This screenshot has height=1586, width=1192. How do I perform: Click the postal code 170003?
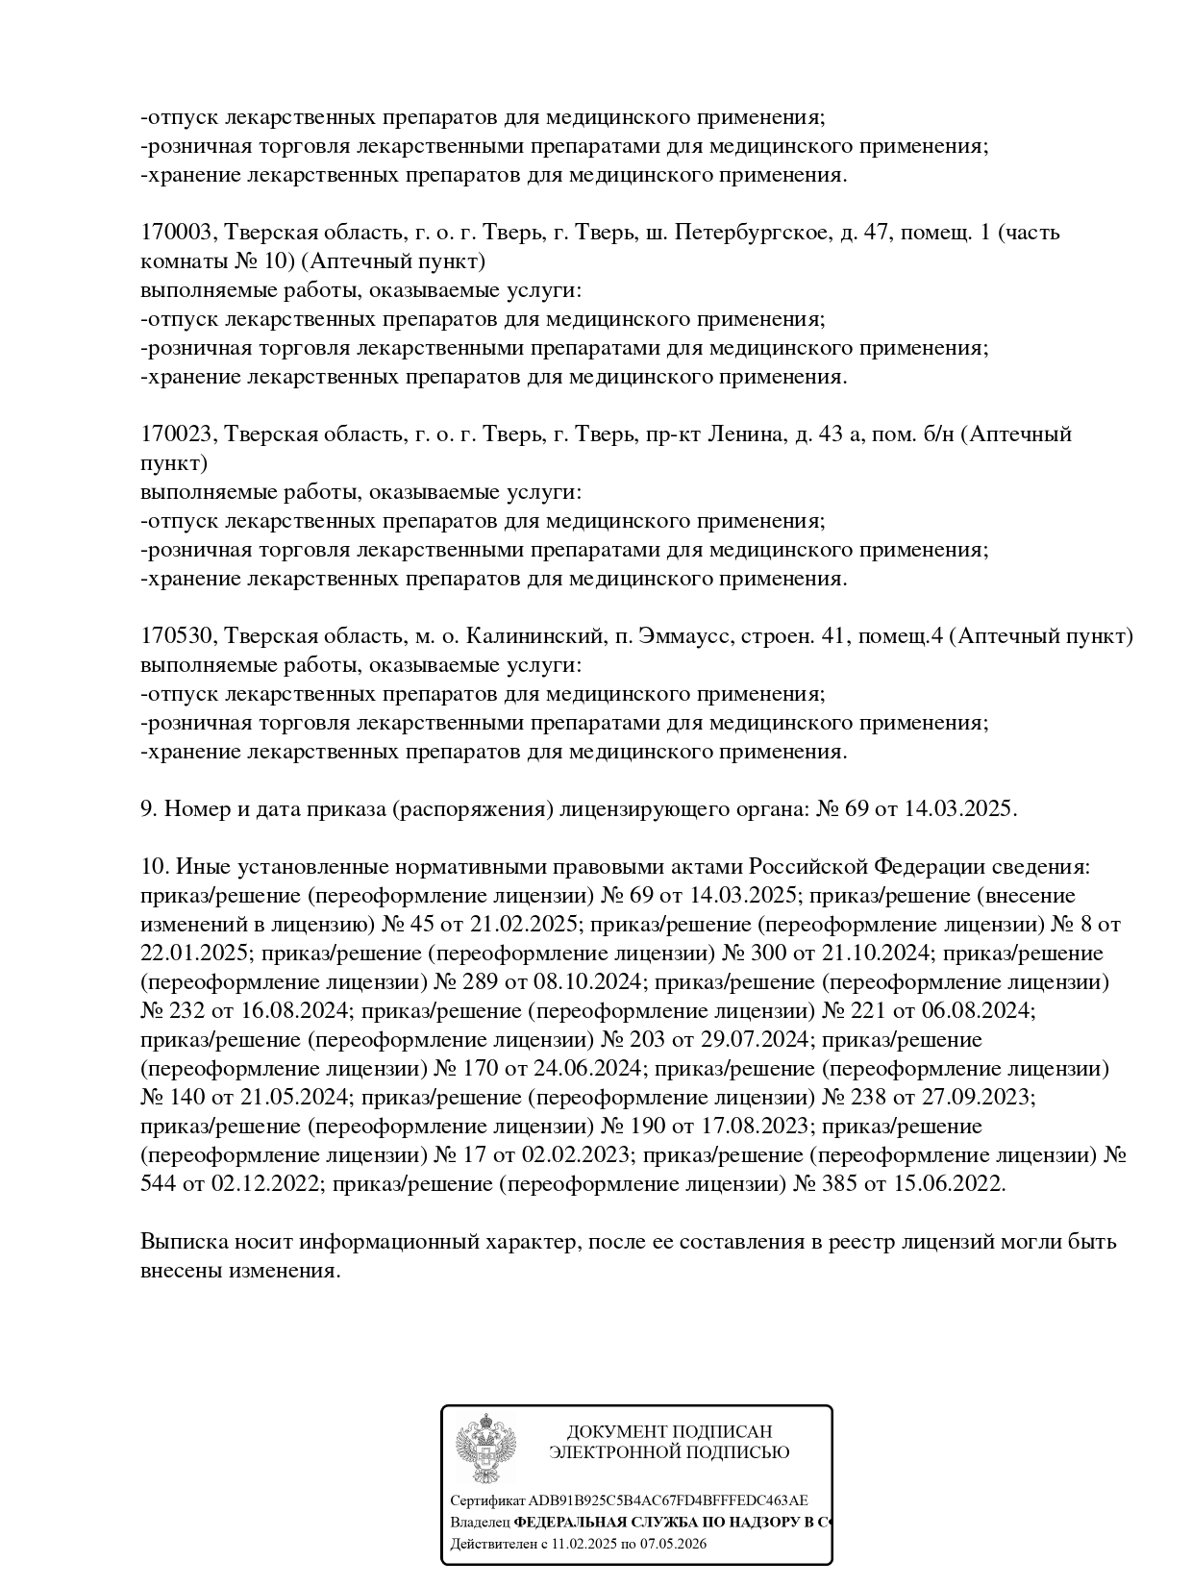(x=177, y=233)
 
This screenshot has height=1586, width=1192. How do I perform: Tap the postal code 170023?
(x=177, y=434)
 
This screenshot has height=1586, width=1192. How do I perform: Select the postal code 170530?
(x=177, y=636)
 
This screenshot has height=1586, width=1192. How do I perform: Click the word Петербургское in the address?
(x=751, y=233)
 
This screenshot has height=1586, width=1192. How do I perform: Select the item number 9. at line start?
(x=149, y=809)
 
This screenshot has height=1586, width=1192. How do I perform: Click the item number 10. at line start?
(x=155, y=867)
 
